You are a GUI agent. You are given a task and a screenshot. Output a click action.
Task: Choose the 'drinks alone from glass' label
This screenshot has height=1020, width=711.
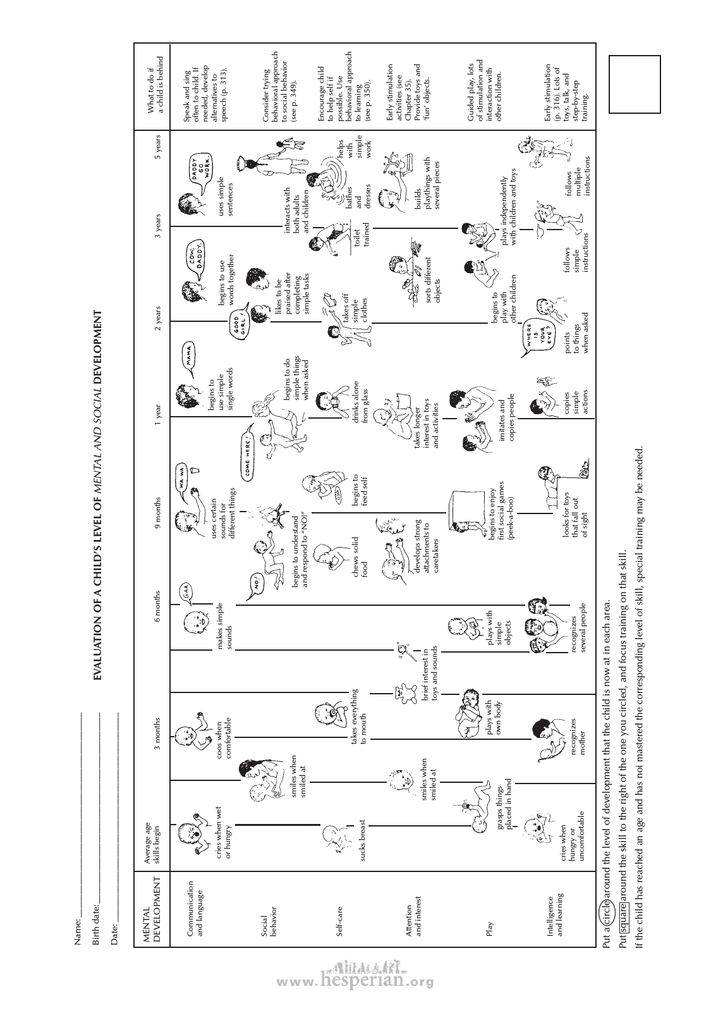coord(360,398)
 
